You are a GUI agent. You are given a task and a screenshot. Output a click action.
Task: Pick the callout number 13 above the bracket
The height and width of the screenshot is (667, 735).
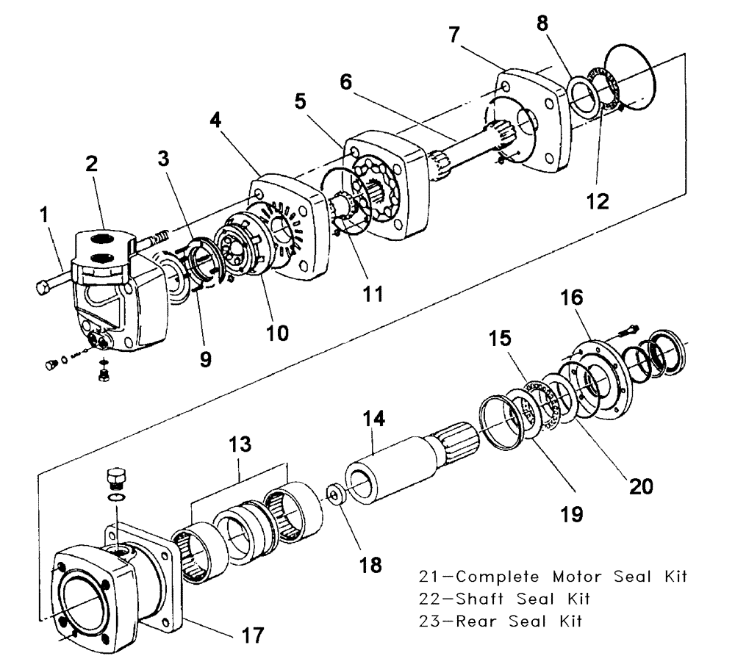[239, 445]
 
